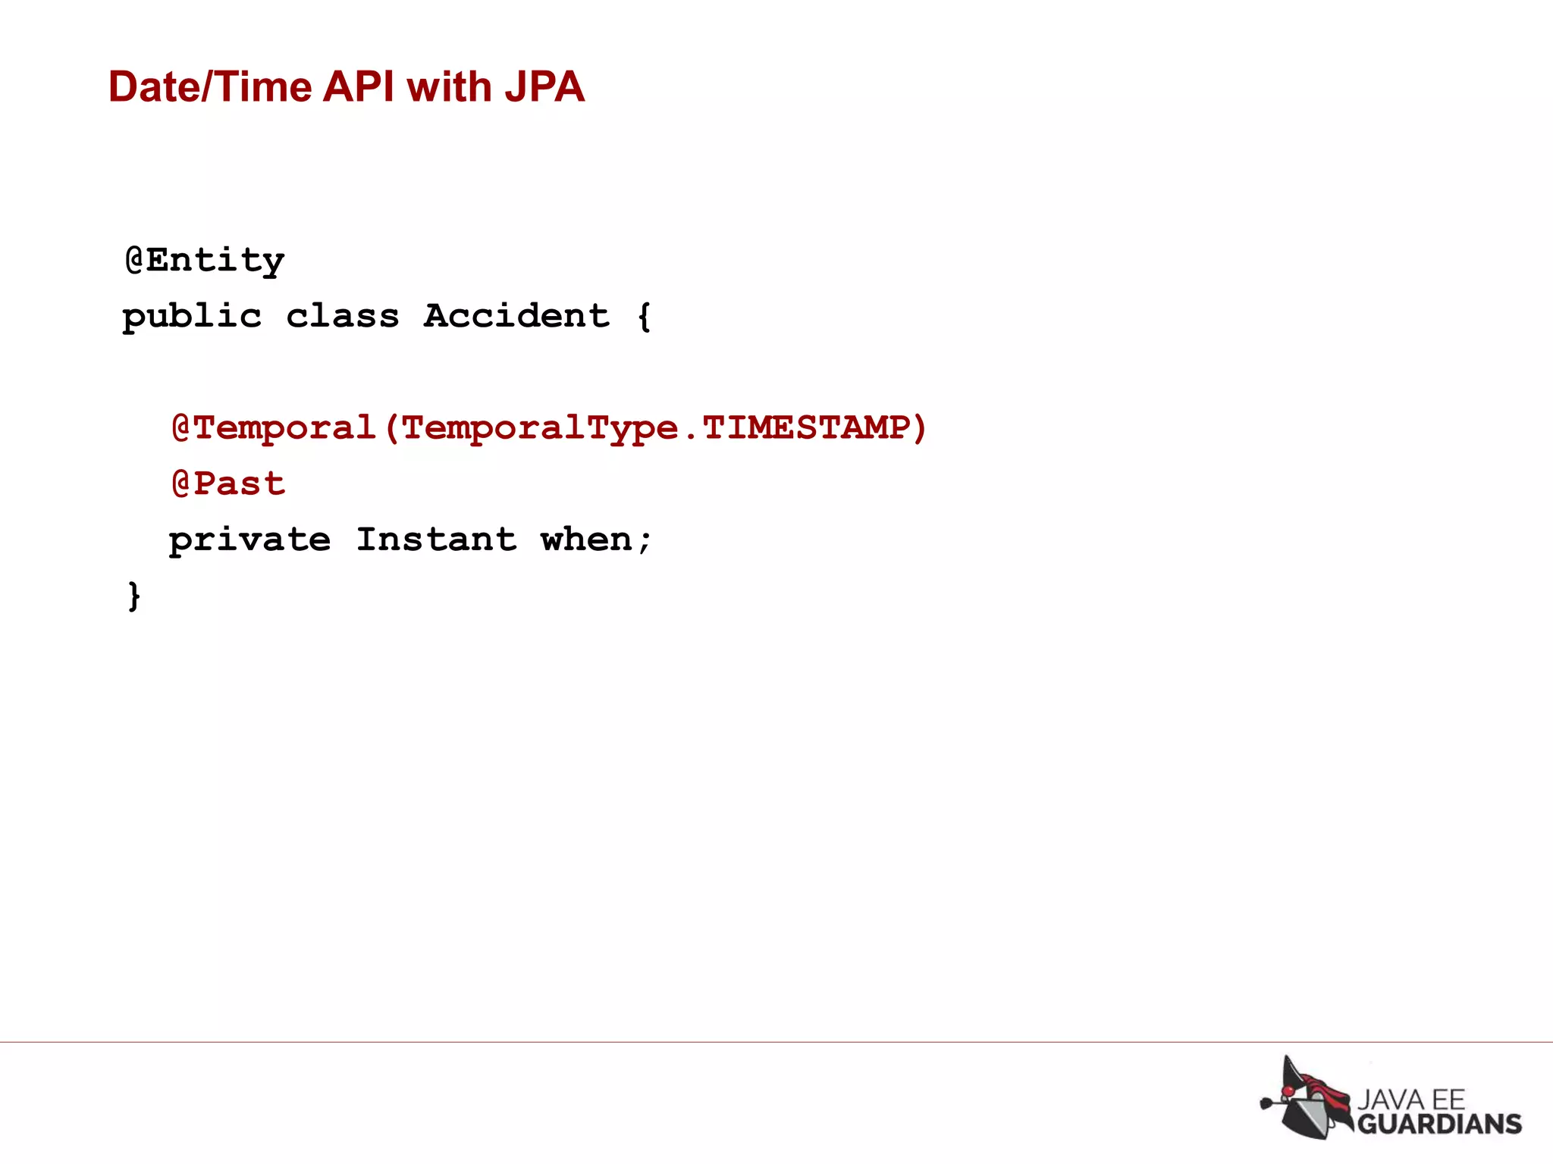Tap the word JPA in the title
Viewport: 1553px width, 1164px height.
[544, 87]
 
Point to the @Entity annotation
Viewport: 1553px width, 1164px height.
[205, 261]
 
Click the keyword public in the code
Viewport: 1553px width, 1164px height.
[192, 317]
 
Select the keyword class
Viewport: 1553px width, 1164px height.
[342, 316]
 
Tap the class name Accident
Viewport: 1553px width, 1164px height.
[516, 315]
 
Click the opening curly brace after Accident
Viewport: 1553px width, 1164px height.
[644, 317]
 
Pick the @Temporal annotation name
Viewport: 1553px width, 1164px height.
[274, 428]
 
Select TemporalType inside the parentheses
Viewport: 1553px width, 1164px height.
[539, 429]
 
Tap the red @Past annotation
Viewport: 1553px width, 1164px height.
[228, 483]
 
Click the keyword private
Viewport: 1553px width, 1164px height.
[249, 540]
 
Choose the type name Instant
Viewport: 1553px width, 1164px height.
[436, 540]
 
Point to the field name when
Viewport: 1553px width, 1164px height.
[586, 540]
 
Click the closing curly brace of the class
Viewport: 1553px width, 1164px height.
[134, 596]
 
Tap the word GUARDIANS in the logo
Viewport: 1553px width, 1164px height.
[1438, 1123]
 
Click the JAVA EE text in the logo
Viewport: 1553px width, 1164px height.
[1410, 1099]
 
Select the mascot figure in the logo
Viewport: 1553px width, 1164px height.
[1306, 1098]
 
